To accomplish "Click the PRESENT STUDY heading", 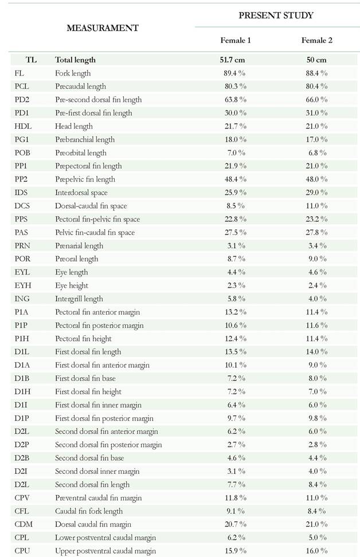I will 276,15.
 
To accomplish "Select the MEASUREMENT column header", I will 103,28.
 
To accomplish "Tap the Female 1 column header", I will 236,40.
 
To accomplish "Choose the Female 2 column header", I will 316,40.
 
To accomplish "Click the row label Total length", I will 75,60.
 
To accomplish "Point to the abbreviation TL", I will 30,60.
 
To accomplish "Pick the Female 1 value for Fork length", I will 236,73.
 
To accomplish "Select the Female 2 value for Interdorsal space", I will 316,193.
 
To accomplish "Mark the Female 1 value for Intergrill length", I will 236,299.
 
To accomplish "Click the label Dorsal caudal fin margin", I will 93,524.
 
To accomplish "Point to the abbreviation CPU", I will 22,551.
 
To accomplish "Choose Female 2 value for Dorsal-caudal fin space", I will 316,206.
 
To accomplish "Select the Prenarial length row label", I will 79,245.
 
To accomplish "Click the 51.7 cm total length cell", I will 236,60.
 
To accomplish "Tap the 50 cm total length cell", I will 316,60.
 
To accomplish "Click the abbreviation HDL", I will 22,126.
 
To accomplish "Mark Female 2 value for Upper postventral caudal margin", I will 316,551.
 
